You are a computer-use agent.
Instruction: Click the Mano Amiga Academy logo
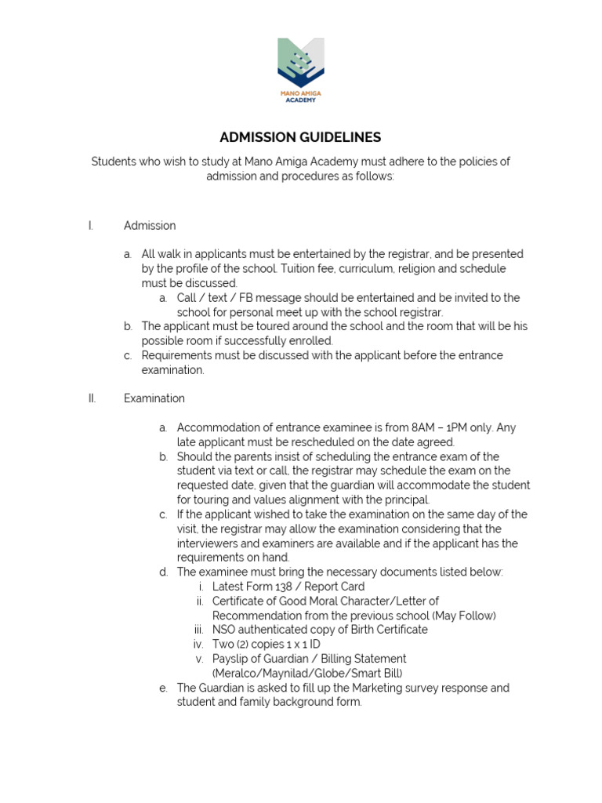(x=301, y=71)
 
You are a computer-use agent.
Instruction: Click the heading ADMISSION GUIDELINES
(x=300, y=137)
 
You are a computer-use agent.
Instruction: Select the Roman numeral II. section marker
(x=92, y=398)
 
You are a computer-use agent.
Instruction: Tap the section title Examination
(x=154, y=398)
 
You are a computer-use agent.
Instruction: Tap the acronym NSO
(x=225, y=630)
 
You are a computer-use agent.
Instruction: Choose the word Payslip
(x=231, y=659)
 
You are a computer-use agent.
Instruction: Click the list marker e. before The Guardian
(x=163, y=688)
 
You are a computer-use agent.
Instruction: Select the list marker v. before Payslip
(x=201, y=659)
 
